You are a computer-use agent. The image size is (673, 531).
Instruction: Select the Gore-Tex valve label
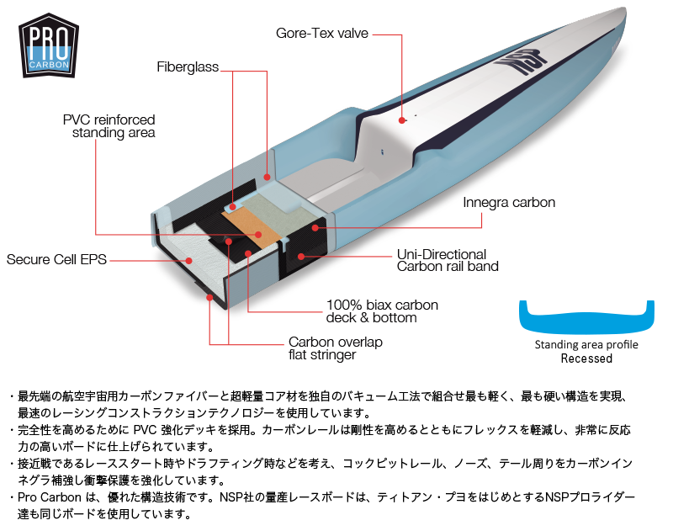click(x=322, y=34)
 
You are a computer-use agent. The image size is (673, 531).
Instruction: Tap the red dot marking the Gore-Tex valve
click(x=403, y=120)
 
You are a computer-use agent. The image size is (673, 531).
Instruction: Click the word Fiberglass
click(x=187, y=66)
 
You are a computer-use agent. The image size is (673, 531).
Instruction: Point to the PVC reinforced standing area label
click(x=109, y=125)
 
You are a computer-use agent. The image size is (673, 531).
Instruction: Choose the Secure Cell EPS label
click(x=56, y=259)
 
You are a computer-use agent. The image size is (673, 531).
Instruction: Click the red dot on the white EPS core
click(x=191, y=260)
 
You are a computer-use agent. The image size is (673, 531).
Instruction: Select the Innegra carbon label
click(x=509, y=203)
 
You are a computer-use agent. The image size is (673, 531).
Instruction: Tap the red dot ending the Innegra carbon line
click(x=315, y=226)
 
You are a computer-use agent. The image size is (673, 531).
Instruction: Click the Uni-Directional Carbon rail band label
click(x=447, y=260)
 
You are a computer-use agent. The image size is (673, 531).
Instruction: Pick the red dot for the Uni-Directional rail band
click(x=300, y=255)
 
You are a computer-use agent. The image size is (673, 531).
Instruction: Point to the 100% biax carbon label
click(x=382, y=311)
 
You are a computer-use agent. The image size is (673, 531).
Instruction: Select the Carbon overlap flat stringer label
click(x=335, y=348)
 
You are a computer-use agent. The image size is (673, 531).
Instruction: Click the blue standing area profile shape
click(x=586, y=317)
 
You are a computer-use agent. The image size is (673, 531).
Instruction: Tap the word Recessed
click(x=586, y=358)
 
